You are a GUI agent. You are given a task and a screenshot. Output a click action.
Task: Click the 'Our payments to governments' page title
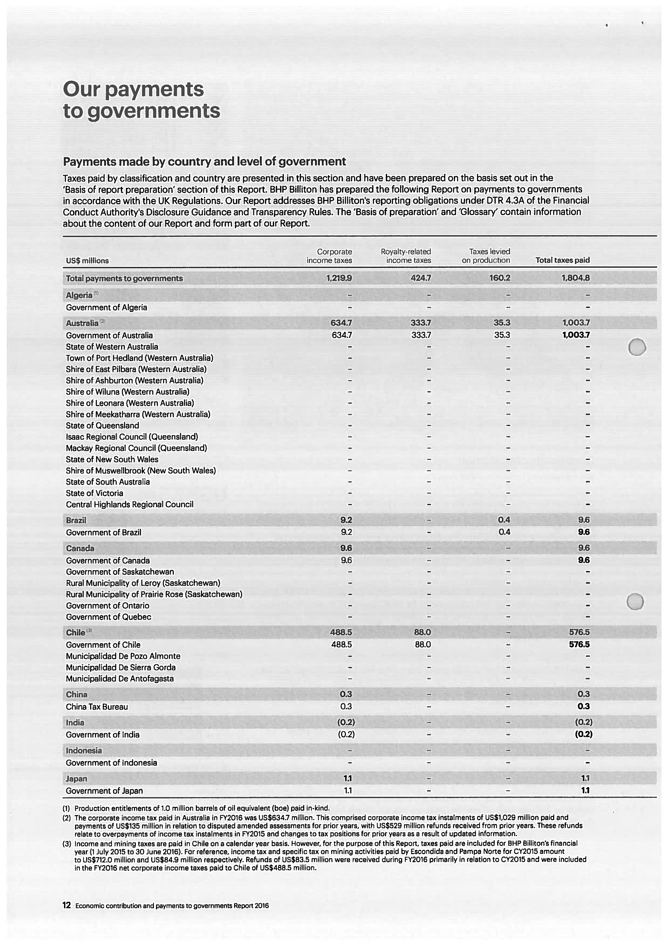click(141, 100)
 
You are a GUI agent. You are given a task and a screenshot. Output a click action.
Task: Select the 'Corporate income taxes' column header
click(329, 256)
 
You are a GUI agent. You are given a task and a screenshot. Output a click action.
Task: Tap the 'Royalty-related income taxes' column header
click(406, 256)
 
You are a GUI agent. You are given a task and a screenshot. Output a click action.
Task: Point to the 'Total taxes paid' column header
click(562, 260)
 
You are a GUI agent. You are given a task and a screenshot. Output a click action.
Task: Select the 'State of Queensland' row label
click(103, 425)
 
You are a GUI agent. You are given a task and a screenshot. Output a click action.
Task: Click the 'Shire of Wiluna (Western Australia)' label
click(127, 392)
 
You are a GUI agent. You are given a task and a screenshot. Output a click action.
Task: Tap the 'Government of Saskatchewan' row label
click(120, 572)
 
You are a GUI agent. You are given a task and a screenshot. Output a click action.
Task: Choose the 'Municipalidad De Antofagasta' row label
click(120, 678)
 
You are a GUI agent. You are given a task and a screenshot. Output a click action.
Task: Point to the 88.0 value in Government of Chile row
click(423, 645)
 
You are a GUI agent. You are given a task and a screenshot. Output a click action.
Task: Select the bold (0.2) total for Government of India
click(583, 735)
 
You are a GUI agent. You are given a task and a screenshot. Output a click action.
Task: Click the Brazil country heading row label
click(76, 520)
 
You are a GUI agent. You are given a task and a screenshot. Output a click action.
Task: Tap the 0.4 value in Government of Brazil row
click(504, 532)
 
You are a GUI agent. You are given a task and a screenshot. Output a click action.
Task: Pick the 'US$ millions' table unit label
click(87, 261)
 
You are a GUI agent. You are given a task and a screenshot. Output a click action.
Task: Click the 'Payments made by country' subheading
click(204, 161)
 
